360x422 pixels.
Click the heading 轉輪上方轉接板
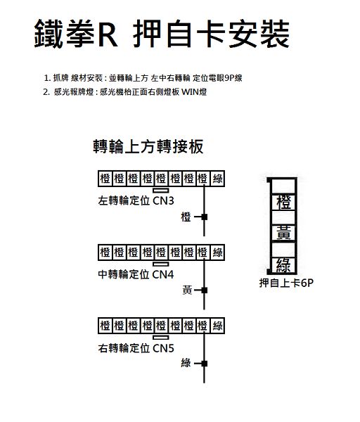coord(148,146)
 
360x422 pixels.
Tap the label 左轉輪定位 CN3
coord(136,200)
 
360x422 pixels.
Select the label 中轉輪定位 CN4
coord(136,274)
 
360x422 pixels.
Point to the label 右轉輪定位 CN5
coord(136,348)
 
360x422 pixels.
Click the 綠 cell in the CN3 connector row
coord(217,179)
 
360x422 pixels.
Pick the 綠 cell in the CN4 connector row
coord(217,252)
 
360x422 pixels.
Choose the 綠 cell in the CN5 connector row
coord(217,326)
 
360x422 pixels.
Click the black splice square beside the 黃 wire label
coord(205,290)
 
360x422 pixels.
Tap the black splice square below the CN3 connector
coord(205,217)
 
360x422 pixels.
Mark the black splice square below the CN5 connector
coord(205,364)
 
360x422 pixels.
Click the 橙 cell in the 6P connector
coord(283,202)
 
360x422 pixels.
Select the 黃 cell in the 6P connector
coord(283,234)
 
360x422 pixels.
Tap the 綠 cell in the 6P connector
coord(283,265)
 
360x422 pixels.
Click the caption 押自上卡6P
coord(286,283)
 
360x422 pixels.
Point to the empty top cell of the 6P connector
coord(283,186)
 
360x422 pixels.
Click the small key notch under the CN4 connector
coord(161,264)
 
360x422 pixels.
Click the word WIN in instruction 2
coord(191,92)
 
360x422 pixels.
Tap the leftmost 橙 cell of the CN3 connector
coord(105,179)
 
